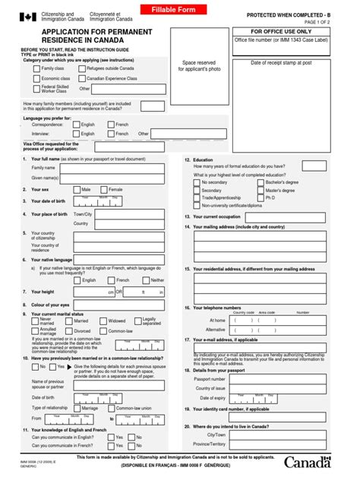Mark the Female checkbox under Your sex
pos(104,189)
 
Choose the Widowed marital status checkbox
pos(104,321)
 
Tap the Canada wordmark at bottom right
pos(308,462)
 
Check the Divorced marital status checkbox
pos(68,331)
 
